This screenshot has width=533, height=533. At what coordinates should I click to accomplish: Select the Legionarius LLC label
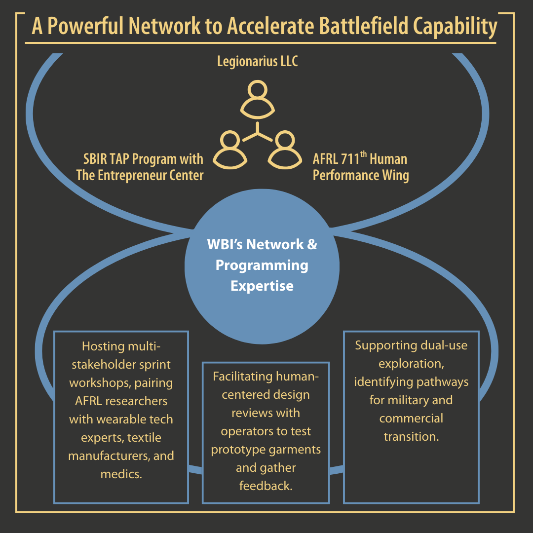coord(258,62)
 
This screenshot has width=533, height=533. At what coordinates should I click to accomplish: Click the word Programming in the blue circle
coord(262,265)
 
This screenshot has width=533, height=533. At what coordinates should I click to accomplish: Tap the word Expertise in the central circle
coord(262,286)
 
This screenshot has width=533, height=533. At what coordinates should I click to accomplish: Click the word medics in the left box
coord(120,474)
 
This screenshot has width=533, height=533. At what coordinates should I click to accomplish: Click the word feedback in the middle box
coord(266,486)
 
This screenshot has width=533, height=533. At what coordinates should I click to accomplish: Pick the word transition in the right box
coord(411,437)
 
